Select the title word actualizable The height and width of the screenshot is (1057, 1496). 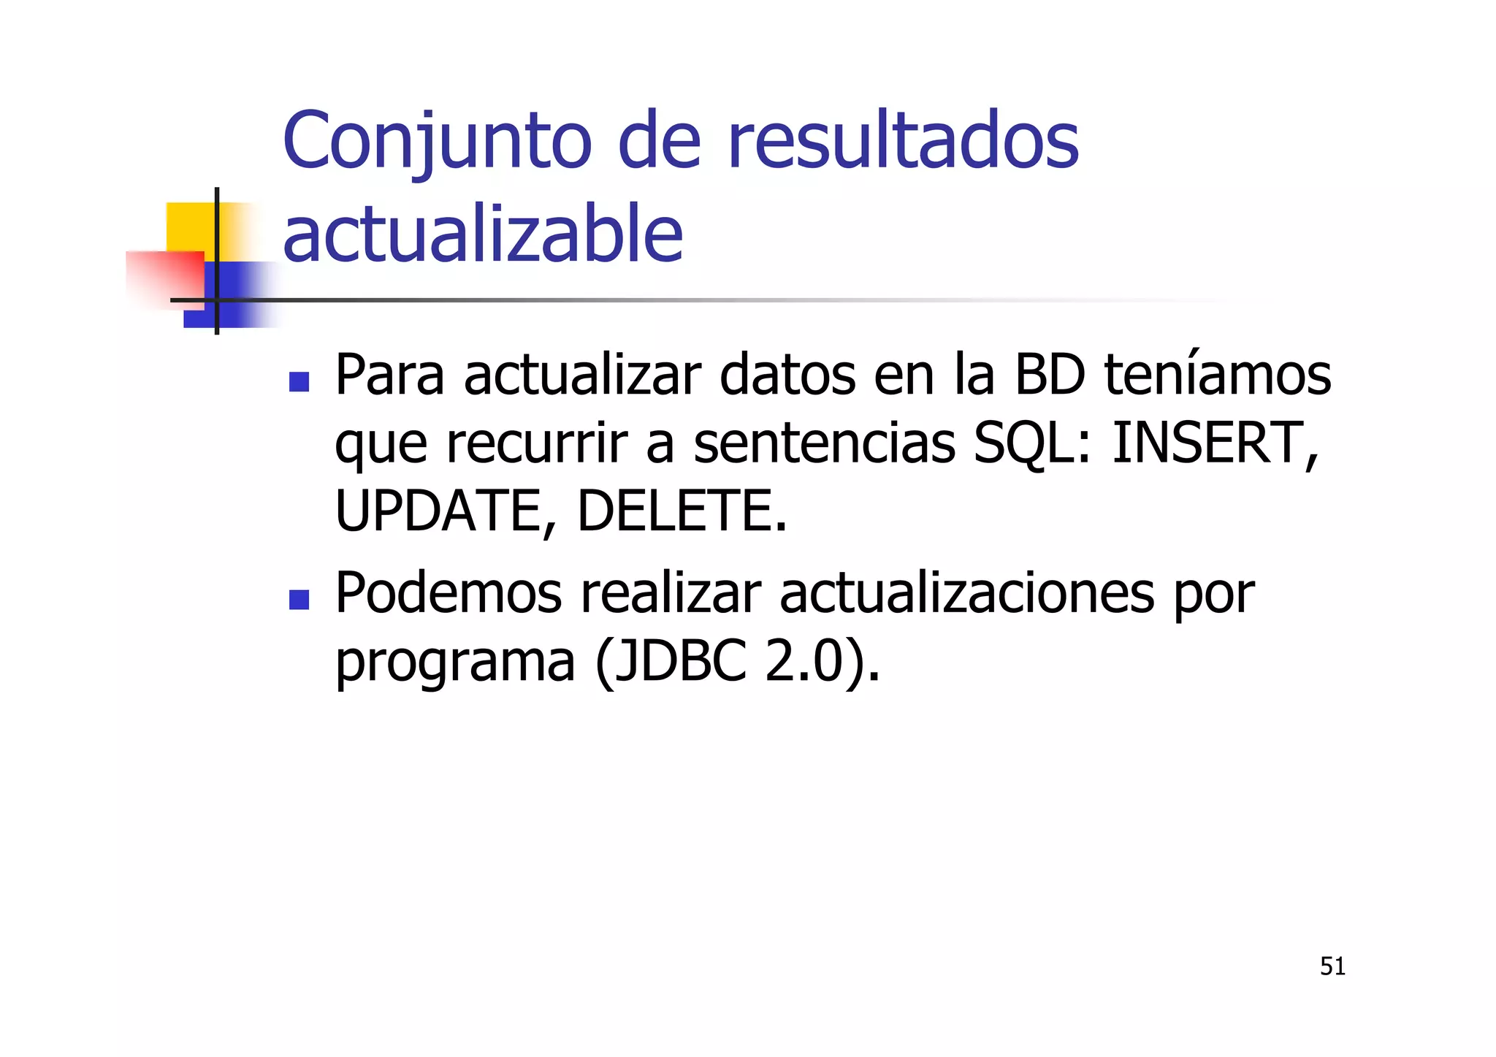(x=482, y=234)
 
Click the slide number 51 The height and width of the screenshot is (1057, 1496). (x=1332, y=966)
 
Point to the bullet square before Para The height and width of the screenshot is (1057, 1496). (x=299, y=381)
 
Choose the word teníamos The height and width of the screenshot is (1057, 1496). (x=1218, y=375)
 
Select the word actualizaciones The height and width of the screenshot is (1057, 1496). (x=967, y=593)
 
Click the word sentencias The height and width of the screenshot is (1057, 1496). (x=824, y=443)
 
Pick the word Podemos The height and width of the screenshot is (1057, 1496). (x=448, y=593)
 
